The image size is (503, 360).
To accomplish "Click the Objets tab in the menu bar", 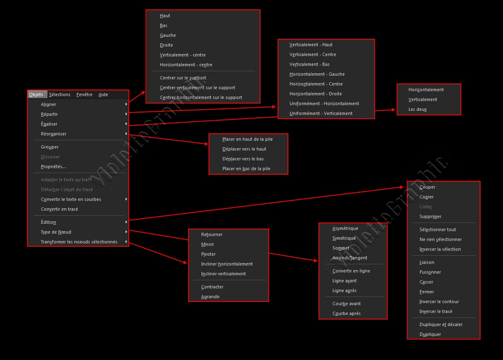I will point(36,94).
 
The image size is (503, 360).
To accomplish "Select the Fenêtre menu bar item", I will point(84,94).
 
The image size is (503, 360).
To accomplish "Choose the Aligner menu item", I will point(49,104).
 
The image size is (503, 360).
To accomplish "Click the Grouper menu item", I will point(50,147).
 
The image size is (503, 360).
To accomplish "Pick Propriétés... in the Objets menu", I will point(53,166).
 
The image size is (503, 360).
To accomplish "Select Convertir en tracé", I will point(59,209).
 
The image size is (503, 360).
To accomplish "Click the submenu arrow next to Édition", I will point(126,222).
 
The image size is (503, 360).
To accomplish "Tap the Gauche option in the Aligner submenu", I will point(168,35).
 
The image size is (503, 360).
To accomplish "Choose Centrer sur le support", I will point(183,78).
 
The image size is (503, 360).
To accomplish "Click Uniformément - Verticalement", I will point(321,113).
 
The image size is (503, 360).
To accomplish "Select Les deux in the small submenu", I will point(418,109).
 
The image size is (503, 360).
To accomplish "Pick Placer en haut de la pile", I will point(247,139).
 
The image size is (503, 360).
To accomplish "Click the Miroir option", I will point(207,244).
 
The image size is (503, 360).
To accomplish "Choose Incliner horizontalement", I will point(227,264).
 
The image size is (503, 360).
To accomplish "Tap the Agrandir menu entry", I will point(210,297).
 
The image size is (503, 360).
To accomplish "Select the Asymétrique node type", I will point(345,228).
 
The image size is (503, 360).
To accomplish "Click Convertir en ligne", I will point(351,271).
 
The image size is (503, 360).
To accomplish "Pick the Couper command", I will point(427,187).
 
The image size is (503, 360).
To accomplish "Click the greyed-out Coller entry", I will point(426,207).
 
